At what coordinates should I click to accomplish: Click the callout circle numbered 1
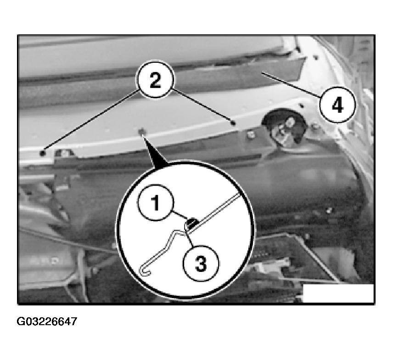[x=155, y=203]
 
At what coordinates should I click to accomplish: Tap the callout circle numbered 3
[x=201, y=263]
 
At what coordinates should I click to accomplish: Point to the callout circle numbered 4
[x=337, y=105]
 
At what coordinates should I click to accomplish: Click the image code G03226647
[x=47, y=321]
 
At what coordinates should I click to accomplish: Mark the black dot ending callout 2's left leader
[x=43, y=153]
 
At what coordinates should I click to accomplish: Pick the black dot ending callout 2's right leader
[x=233, y=123]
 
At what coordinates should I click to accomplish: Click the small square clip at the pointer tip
[x=141, y=131]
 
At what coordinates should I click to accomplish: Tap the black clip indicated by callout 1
[x=192, y=222]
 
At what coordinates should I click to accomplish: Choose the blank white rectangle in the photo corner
[x=338, y=293]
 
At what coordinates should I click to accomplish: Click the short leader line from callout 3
[x=189, y=239]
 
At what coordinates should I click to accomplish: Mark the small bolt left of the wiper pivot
[x=250, y=134]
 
